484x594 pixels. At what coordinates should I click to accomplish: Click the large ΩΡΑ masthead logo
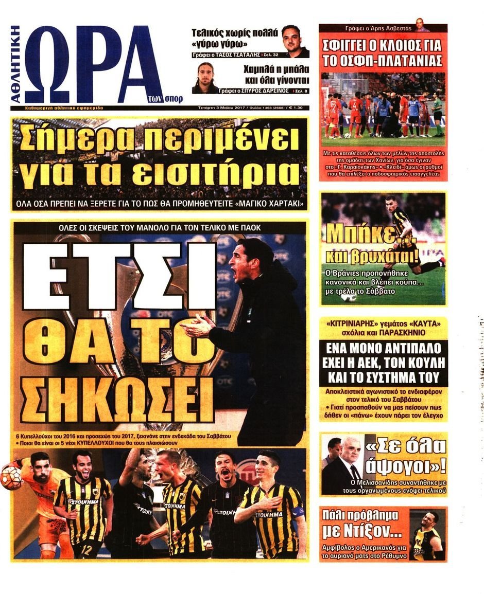95,64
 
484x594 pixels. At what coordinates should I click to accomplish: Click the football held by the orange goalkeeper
10,477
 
